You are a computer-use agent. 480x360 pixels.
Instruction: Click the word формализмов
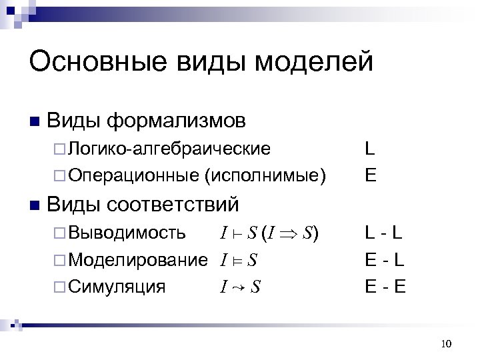[x=177, y=121]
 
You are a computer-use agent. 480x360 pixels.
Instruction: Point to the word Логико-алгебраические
[x=169, y=149]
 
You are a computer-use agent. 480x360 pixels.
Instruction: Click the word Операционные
[x=133, y=175]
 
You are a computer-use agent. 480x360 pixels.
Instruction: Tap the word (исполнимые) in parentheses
[x=266, y=175]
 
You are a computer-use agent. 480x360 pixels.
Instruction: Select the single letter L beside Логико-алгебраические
[x=369, y=149]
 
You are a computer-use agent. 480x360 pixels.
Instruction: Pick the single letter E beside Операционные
[x=370, y=175]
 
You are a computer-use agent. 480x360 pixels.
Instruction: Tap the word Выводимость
[x=127, y=233]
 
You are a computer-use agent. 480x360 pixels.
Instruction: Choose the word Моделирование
[x=139, y=259]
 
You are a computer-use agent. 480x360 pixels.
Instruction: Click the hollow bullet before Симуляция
[x=59, y=287]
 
